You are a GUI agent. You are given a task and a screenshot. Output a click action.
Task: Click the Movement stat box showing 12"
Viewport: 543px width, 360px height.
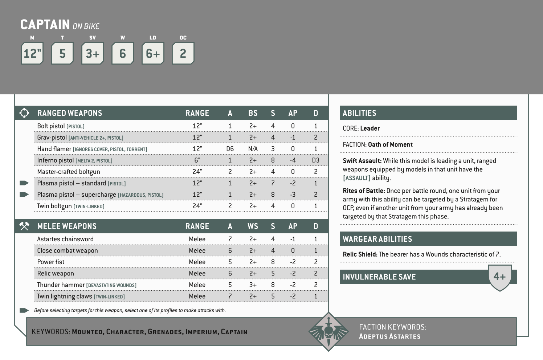(32, 54)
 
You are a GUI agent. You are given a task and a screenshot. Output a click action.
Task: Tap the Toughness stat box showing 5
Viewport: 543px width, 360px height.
(62, 54)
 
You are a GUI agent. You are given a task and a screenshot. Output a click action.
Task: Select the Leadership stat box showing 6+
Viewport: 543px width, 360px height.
(153, 54)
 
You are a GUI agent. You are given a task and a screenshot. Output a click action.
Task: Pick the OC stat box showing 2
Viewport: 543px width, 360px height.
(183, 54)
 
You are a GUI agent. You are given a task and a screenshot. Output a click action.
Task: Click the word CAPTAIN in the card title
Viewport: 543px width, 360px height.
(45, 25)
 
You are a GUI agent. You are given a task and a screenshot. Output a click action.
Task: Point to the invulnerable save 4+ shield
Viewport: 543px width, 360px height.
(500, 277)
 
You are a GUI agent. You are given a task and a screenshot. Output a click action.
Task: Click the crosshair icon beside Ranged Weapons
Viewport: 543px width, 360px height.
(24, 113)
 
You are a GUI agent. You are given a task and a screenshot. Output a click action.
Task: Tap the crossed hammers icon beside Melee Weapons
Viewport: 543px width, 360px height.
(24, 226)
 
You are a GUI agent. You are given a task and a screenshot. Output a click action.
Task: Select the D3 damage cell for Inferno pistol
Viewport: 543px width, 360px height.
(316, 160)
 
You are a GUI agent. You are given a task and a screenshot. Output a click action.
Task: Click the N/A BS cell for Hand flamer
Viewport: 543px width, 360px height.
(253, 149)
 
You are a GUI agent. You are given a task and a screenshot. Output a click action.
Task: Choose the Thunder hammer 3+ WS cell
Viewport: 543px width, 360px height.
(253, 285)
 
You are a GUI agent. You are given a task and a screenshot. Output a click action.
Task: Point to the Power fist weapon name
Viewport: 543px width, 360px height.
(51, 262)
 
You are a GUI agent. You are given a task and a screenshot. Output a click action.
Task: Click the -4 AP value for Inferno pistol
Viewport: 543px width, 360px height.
(293, 160)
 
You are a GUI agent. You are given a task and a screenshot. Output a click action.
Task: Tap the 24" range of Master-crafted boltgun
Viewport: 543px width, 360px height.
(197, 172)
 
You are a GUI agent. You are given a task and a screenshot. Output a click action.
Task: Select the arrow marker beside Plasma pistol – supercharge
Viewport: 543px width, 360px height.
(24, 195)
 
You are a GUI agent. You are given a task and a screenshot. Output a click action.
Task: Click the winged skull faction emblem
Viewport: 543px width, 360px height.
(328, 331)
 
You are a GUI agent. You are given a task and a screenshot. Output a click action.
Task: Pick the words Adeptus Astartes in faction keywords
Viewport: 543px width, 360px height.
(389, 336)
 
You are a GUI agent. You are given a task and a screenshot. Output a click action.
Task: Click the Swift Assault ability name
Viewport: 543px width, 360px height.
(362, 161)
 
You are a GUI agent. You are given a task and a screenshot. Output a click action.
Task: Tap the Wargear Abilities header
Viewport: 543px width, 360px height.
(377, 239)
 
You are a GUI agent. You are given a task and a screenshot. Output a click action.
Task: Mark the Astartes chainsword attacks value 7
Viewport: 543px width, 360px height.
(230, 239)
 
